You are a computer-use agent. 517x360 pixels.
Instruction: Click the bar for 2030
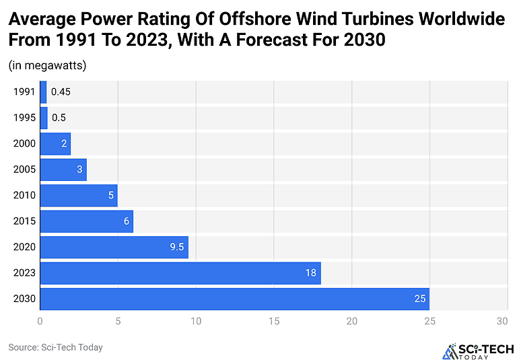(234, 299)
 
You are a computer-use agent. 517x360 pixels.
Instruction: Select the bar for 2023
(180, 273)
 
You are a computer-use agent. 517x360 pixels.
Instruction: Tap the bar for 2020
(114, 247)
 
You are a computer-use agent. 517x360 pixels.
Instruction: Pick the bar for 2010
(79, 195)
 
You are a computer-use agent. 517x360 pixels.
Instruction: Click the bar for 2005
(63, 170)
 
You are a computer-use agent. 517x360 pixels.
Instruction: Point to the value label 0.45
(61, 92)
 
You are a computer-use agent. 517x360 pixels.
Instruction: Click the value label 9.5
(177, 247)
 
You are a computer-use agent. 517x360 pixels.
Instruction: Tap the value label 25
(421, 299)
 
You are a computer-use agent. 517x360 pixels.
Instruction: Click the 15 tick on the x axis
(273, 322)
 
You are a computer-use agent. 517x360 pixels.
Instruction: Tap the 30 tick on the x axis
(502, 322)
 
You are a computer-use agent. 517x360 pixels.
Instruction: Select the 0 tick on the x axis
(40, 322)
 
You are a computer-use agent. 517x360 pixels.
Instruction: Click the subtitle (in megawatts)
(47, 65)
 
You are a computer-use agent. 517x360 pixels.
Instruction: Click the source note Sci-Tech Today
(55, 347)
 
